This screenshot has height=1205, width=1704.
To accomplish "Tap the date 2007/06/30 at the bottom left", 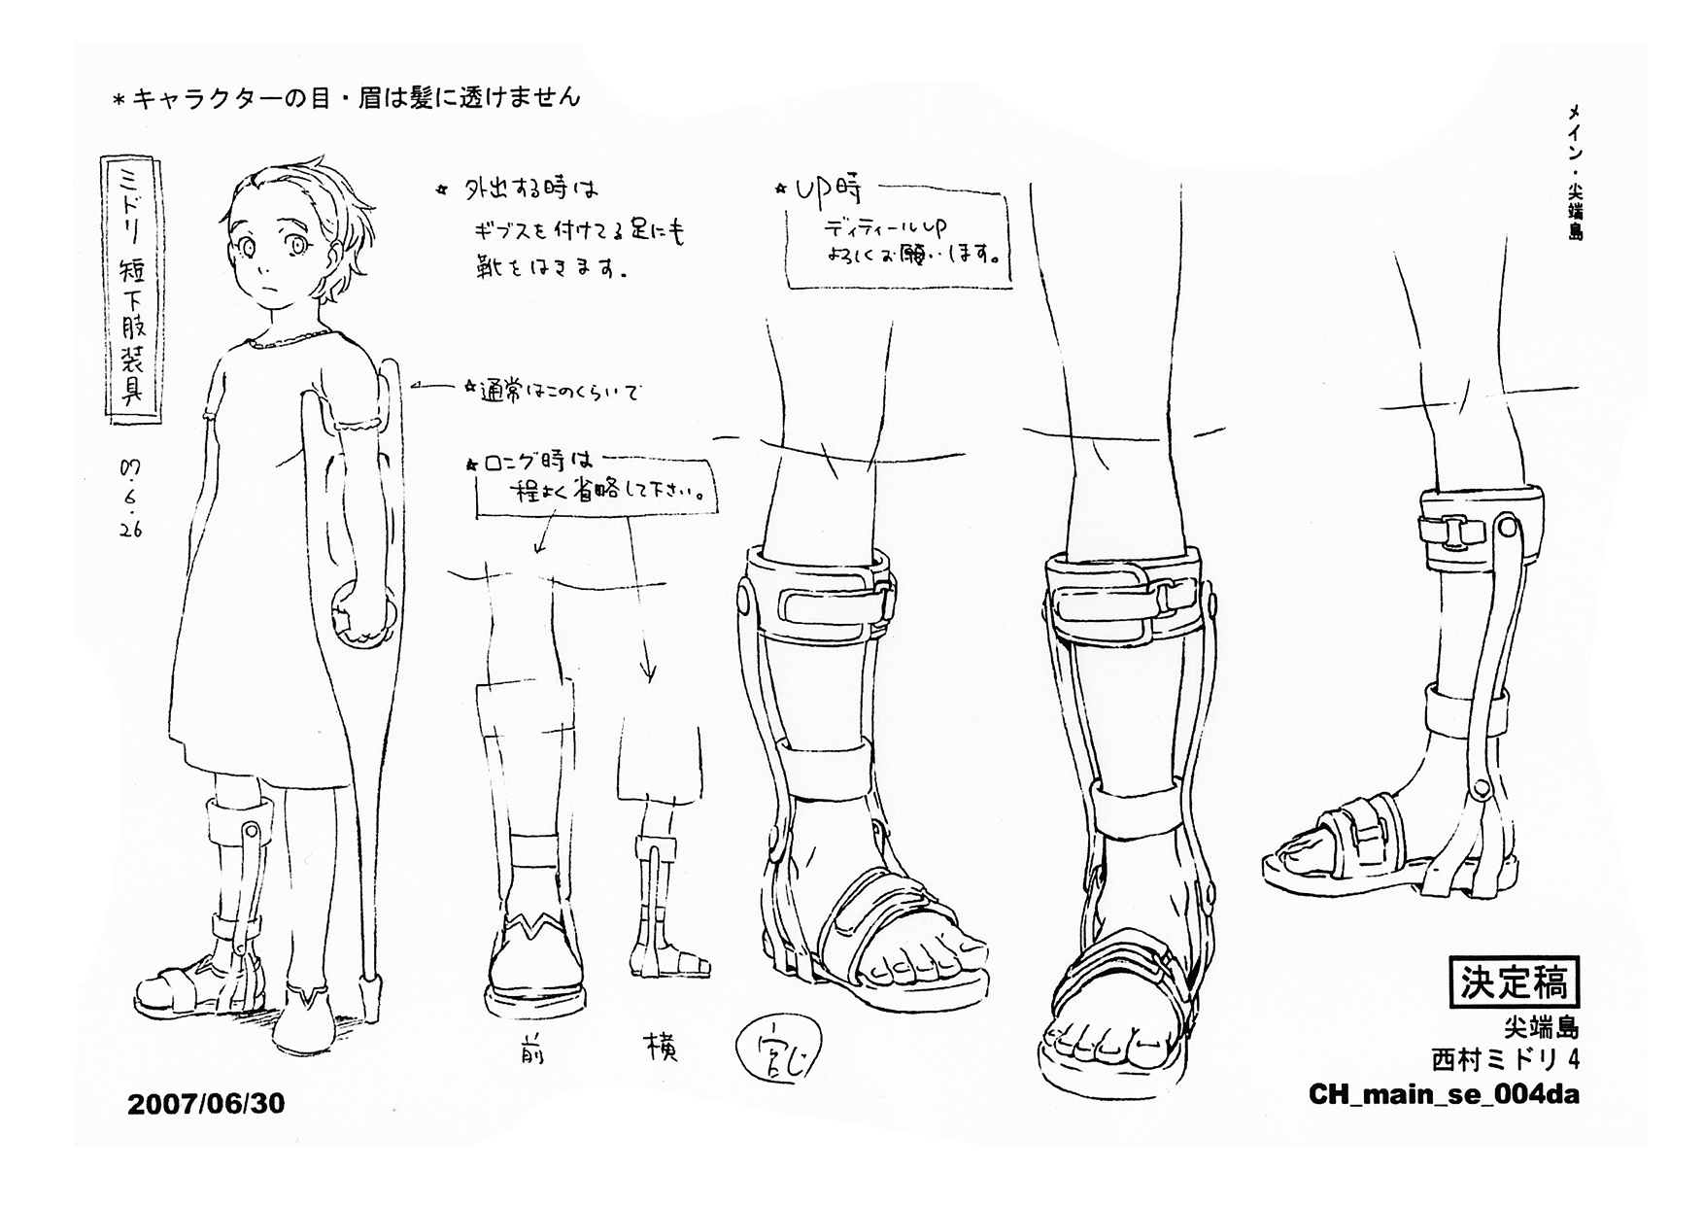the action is (206, 1104).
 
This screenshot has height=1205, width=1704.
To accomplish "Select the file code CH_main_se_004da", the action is (1444, 1094).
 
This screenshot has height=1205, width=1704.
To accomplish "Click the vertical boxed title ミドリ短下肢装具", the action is (131, 293).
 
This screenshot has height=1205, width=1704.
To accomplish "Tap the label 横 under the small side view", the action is (661, 1048).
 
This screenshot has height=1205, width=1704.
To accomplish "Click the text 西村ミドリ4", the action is (1506, 1058).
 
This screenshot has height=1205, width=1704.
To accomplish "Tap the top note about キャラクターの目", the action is (347, 98).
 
